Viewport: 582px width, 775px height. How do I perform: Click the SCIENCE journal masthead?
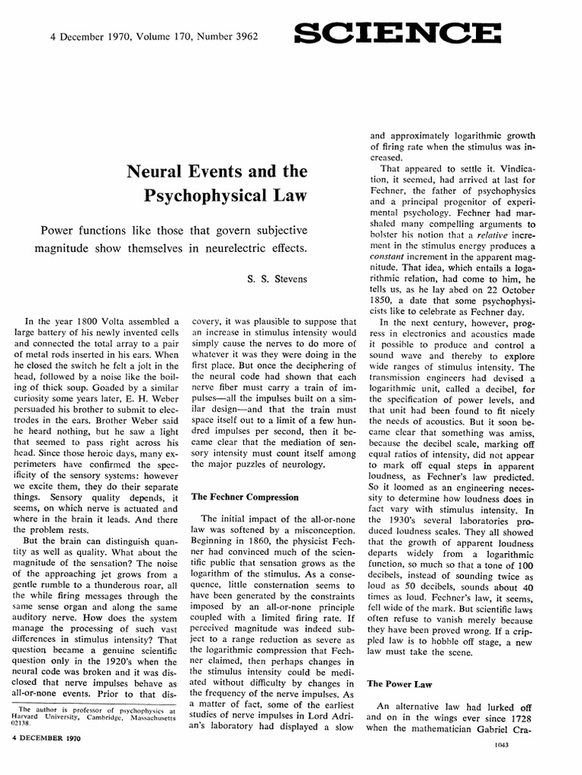click(x=397, y=33)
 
